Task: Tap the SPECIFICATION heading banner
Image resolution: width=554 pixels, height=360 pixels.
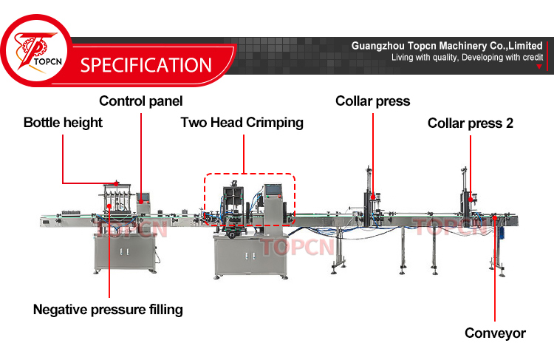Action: click(x=146, y=64)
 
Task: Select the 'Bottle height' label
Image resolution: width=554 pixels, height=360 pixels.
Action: click(x=63, y=122)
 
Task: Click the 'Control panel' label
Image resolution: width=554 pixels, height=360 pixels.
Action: click(x=140, y=101)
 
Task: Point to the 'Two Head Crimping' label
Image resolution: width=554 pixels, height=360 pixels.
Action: click(x=242, y=122)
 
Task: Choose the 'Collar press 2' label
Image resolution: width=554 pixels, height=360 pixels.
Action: click(x=471, y=123)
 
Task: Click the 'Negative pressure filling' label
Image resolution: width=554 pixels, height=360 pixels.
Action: click(x=108, y=310)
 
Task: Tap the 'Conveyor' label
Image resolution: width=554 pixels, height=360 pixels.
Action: click(x=495, y=333)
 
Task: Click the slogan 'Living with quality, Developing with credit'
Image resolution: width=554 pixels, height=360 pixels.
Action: click(x=467, y=57)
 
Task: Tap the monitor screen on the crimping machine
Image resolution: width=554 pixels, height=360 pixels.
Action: click(x=272, y=191)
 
